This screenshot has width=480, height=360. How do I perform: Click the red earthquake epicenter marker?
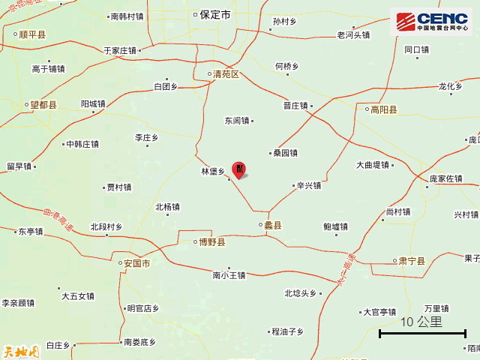tap(239, 169)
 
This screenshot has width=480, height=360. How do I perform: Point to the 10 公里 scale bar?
tap(422, 328)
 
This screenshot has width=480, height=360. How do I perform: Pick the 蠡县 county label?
tap(271, 225)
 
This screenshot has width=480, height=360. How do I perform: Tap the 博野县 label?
tap(210, 242)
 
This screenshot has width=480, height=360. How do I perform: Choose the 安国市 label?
tap(136, 263)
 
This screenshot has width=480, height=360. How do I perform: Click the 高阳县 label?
tap(382, 110)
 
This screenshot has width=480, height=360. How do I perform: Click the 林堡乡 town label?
tap(213, 172)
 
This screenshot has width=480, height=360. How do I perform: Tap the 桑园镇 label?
tap(285, 153)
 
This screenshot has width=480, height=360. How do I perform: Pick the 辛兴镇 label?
tap(308, 185)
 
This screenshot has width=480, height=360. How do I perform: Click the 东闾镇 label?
tap(237, 120)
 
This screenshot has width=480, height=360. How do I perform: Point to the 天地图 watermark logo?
tap(20, 350)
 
